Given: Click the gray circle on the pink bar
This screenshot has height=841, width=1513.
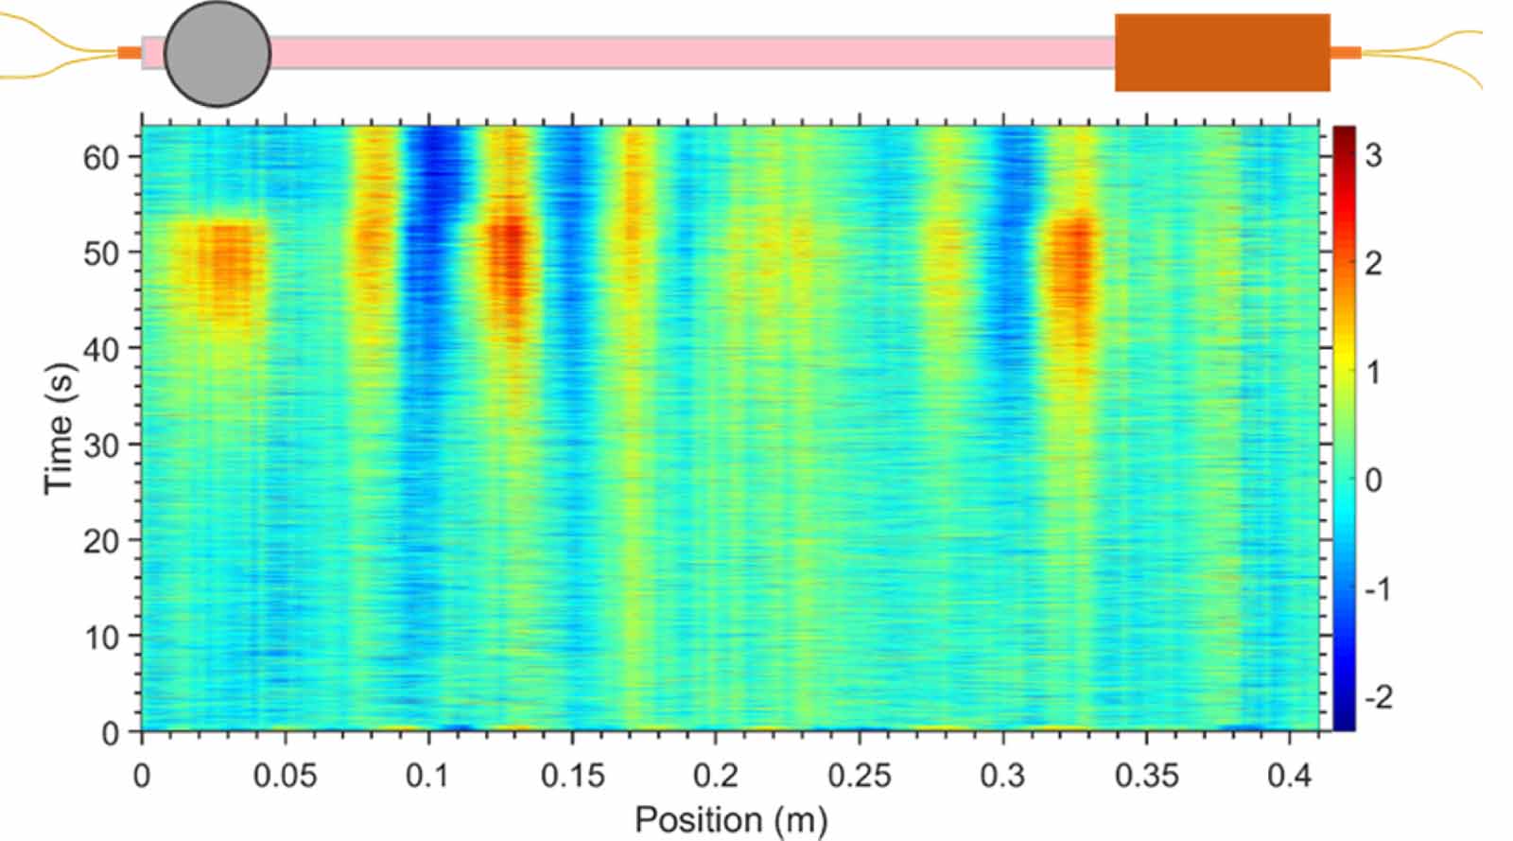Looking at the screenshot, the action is tap(217, 53).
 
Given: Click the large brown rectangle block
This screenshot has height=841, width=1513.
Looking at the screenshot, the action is tap(1223, 53).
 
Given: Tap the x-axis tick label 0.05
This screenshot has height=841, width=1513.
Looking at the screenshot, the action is tap(285, 776).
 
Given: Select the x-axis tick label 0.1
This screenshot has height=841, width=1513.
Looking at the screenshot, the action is tap(428, 776).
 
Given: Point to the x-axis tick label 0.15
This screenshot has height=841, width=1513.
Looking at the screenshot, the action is tap(573, 776).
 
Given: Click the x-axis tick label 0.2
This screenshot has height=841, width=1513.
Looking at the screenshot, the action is tap(716, 776).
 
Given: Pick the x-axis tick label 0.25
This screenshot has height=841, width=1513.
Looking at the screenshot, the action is tap(860, 776).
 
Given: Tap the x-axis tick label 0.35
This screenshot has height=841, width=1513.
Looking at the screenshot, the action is tap(1147, 776).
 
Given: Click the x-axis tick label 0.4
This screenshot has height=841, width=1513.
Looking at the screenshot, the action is tap(1290, 776).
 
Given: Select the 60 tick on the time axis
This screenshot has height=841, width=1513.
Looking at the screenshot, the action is tap(101, 158).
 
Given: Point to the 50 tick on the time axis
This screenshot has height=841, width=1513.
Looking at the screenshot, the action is tap(101, 254).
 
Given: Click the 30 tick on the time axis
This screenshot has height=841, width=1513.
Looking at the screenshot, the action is tap(101, 446).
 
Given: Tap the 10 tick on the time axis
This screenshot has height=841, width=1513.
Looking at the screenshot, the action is tap(101, 638).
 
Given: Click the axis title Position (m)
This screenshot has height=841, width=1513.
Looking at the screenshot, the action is tap(732, 820).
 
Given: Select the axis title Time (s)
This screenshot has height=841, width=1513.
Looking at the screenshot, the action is tap(60, 429).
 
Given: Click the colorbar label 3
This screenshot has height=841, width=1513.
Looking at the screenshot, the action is tap(1374, 156).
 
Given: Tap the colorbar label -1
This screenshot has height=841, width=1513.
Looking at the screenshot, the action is tap(1378, 589).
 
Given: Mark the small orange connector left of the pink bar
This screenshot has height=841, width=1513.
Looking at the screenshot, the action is tap(129, 53).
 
